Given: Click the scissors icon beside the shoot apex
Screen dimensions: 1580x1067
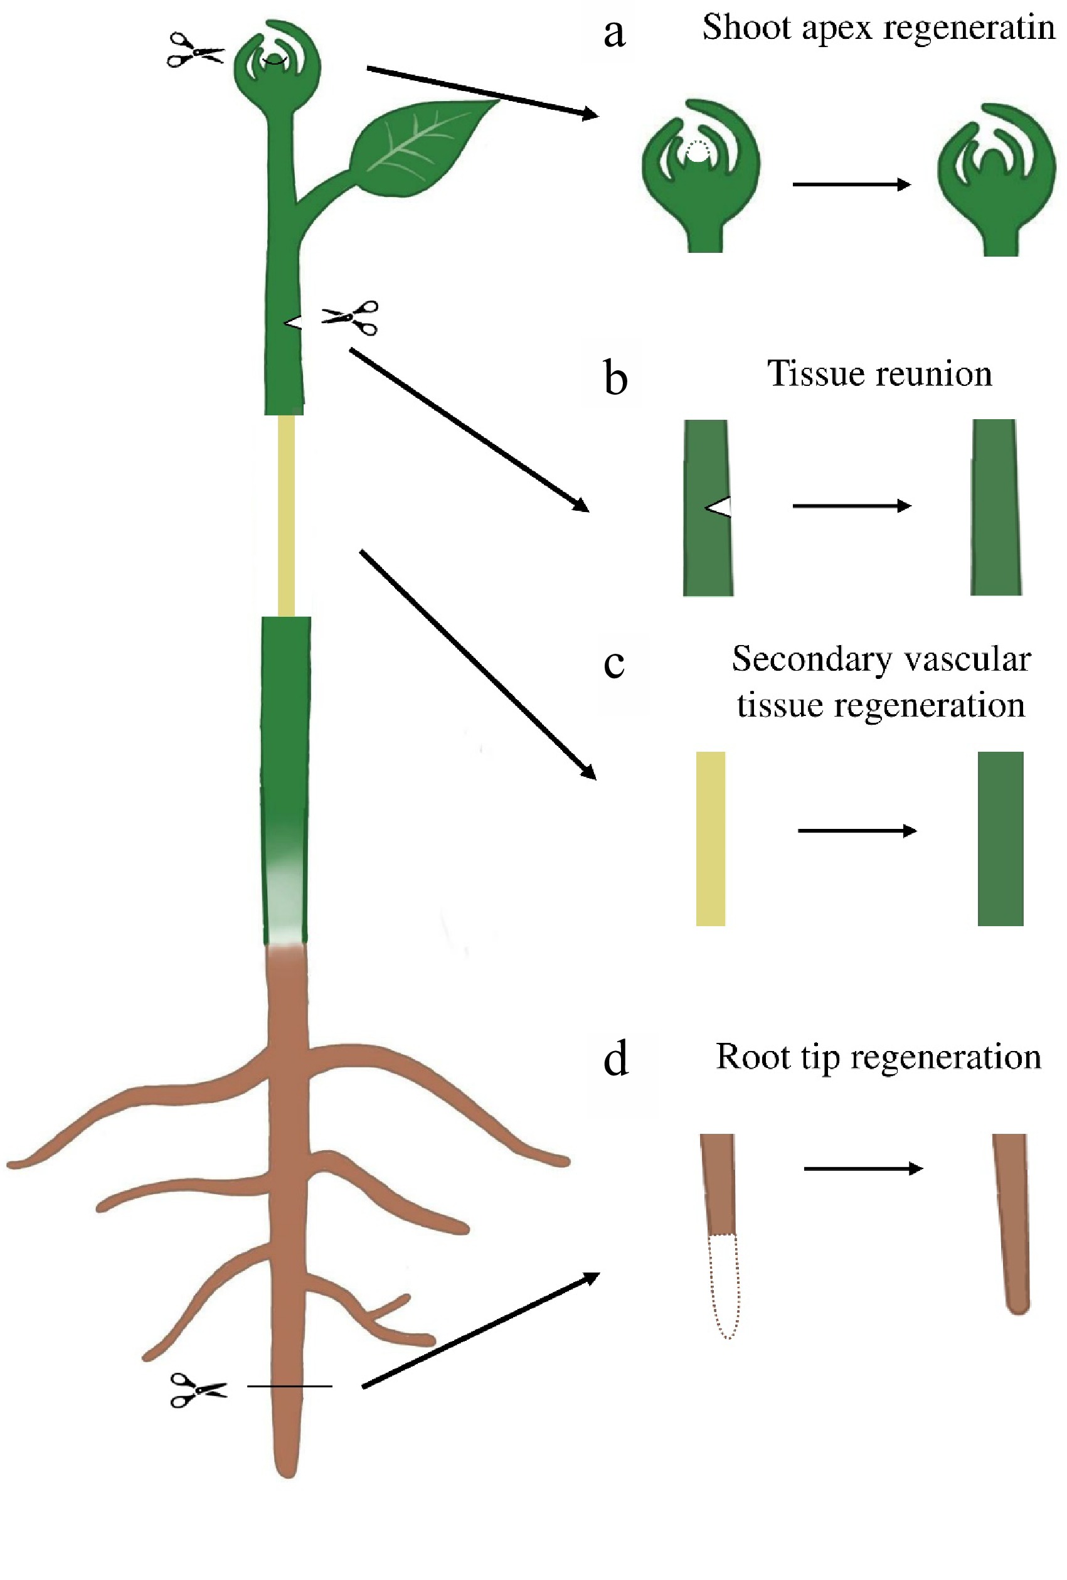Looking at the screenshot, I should point(194,50).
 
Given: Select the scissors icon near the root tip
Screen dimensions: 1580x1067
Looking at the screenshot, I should point(198,1388).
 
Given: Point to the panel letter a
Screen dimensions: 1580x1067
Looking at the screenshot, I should point(613,33).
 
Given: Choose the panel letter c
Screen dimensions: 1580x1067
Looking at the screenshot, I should point(613,663).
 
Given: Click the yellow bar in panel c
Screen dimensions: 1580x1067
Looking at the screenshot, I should point(709,838).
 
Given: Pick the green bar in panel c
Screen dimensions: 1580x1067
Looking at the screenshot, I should point(999,838).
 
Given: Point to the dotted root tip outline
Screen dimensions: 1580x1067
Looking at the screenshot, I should point(723,1284).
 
